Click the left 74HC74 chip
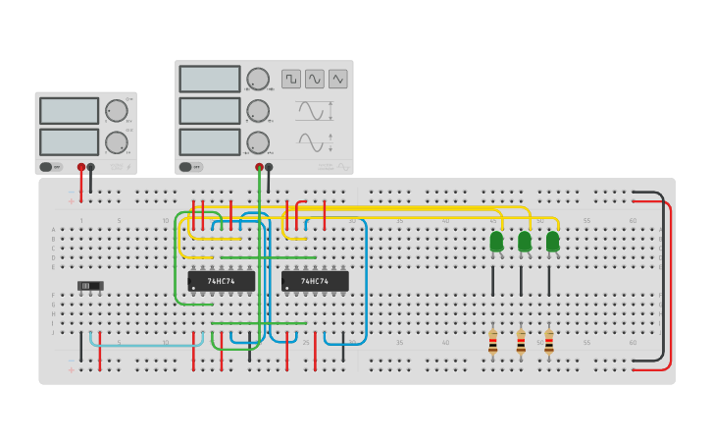point(222,281)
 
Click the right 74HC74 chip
point(315,281)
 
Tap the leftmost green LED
point(496,242)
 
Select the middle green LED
point(525,242)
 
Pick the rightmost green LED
point(552,242)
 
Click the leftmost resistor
point(492,342)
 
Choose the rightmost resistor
point(549,342)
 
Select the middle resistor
point(521,342)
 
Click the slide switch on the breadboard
point(90,286)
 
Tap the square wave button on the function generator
point(291,79)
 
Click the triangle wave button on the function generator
point(338,79)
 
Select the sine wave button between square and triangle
point(315,79)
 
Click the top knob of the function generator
point(258,80)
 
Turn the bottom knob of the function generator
point(258,142)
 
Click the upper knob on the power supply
point(116,111)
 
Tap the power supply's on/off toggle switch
point(50,167)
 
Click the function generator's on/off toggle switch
point(190,167)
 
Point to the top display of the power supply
point(69,110)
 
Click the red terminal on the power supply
point(81,168)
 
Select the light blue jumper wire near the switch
point(147,345)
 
